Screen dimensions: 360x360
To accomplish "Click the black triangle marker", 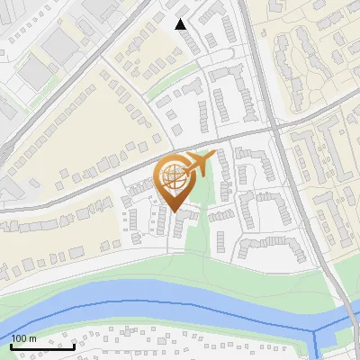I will click(x=181, y=24).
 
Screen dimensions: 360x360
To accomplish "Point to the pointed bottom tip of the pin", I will click(x=174, y=211).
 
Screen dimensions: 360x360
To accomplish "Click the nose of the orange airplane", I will click(x=215, y=155).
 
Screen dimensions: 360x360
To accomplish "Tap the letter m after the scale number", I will click(x=32, y=338).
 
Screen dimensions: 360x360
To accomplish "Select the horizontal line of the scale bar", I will click(x=42, y=346).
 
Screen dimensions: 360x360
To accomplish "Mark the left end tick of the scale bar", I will click(x=12, y=345).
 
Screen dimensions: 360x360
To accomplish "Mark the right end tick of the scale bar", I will click(x=74, y=345).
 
